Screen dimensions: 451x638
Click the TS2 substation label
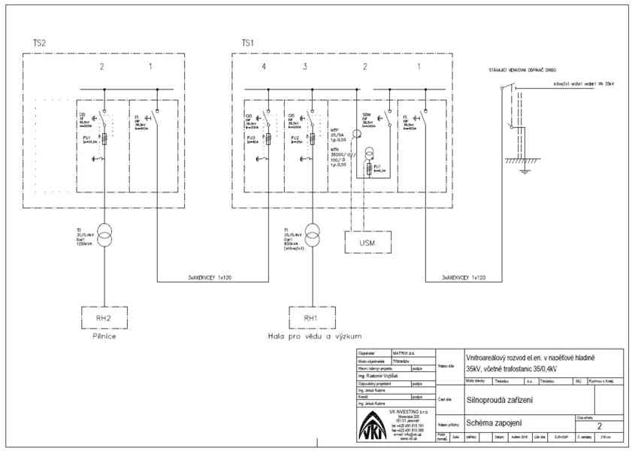click(x=40, y=43)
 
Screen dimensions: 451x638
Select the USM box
click(x=367, y=243)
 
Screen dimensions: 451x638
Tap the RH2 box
click(x=104, y=318)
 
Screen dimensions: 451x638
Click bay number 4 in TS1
click(x=264, y=68)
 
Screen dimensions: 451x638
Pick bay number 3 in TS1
click(x=305, y=68)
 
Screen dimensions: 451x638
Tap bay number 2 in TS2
click(x=101, y=68)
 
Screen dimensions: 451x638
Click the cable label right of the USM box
click(x=461, y=278)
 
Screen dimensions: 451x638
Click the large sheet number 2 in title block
click(x=599, y=426)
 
